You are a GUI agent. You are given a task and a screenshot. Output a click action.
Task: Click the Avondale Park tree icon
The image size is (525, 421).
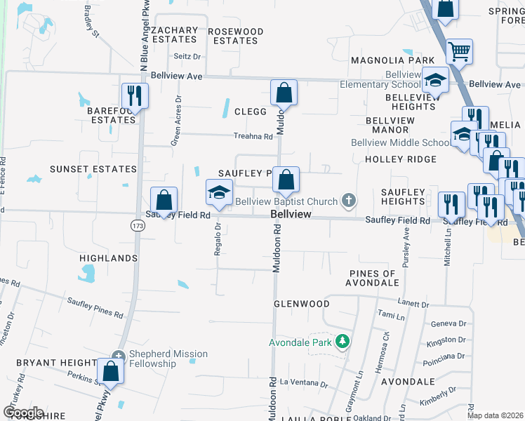(343, 342)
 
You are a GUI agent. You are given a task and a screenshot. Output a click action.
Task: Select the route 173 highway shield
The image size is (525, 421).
(137, 225)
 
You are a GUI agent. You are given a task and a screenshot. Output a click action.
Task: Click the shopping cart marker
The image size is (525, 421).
(459, 51)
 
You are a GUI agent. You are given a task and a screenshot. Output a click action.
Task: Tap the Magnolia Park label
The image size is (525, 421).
(393, 61)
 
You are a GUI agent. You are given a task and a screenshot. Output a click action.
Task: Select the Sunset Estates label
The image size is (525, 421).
(93, 169)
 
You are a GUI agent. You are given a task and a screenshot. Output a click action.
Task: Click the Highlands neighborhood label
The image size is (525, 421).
(108, 258)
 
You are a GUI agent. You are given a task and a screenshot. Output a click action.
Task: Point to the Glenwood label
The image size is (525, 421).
(301, 304)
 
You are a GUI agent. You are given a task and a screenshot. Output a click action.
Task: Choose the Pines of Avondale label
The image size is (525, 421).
(372, 278)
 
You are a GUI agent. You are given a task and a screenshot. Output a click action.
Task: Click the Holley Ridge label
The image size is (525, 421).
(401, 159)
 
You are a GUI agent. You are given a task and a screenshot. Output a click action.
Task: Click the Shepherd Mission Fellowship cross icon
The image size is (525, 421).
(119, 355)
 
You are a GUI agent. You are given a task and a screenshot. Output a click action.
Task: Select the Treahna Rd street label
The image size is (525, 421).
(253, 137)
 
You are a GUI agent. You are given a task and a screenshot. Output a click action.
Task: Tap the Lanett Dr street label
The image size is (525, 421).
(412, 305)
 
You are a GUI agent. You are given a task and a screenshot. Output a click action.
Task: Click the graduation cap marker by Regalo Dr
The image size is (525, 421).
(219, 192)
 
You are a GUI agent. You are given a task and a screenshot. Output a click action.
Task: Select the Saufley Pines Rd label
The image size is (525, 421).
(95, 307)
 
